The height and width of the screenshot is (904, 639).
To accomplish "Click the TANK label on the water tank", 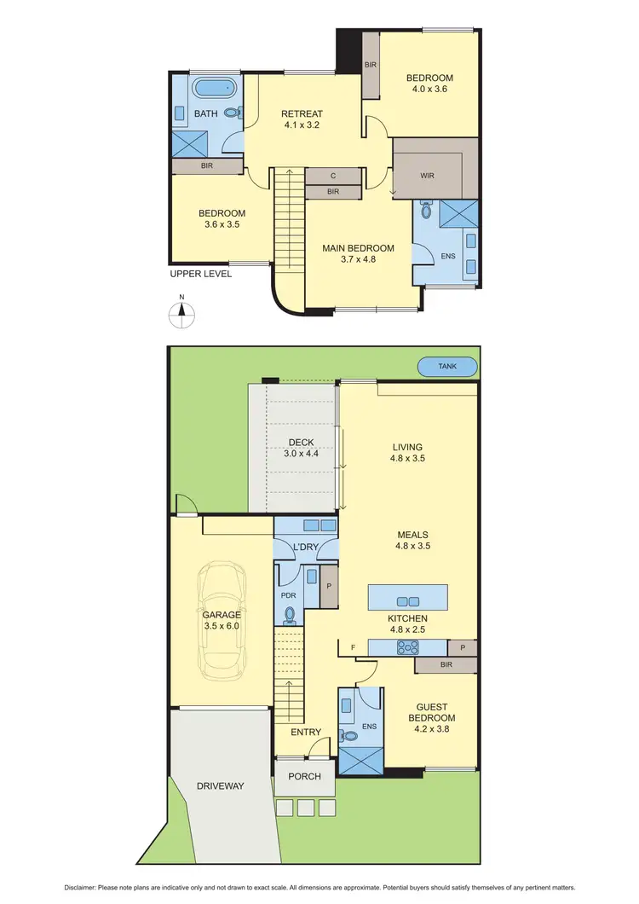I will (447, 367).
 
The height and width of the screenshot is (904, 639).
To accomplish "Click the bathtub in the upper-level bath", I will (208, 89).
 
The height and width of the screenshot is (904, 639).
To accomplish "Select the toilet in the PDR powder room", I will (290, 614).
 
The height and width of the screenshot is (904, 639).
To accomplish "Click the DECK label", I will (300, 443).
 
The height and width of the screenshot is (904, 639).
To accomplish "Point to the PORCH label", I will (305, 776).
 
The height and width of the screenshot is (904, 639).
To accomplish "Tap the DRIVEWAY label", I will (221, 785).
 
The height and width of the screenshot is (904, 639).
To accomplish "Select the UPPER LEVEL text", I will (200, 274).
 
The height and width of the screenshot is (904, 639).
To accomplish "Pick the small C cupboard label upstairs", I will (333, 176).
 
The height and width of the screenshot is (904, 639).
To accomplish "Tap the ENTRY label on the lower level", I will (306, 732).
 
